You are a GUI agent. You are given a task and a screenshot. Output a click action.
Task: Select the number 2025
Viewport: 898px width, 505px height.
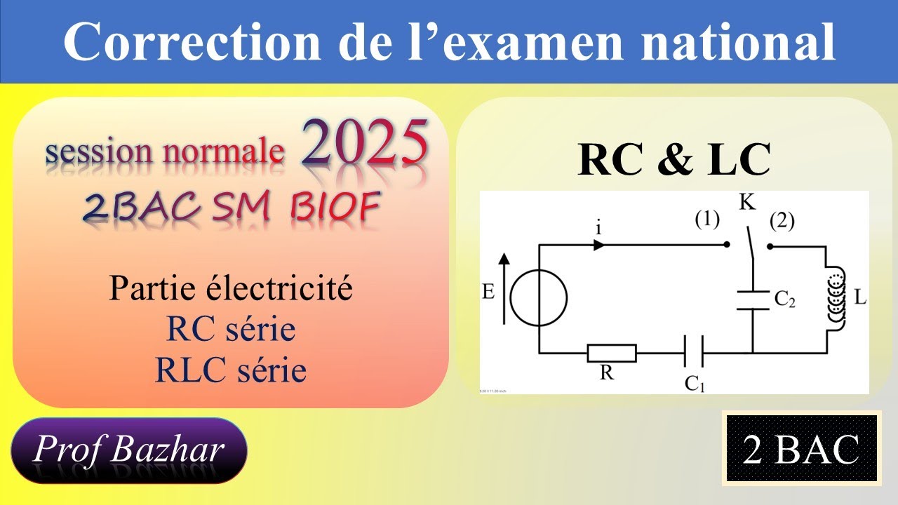click(365, 144)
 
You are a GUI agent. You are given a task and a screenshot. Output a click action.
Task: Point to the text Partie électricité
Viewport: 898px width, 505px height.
click(231, 289)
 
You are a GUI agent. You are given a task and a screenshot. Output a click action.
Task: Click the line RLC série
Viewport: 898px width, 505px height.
click(231, 370)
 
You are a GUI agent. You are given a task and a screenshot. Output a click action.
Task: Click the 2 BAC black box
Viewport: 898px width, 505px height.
click(802, 449)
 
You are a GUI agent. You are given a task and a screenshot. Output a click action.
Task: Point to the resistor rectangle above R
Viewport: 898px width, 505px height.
click(612, 353)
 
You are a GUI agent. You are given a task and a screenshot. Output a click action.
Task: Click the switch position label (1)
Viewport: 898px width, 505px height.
click(707, 220)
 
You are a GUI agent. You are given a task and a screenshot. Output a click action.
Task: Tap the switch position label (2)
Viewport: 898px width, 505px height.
click(782, 222)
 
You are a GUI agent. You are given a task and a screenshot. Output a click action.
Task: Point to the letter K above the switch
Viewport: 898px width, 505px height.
click(747, 203)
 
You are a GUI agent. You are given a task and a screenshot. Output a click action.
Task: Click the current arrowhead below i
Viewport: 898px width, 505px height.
click(599, 245)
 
